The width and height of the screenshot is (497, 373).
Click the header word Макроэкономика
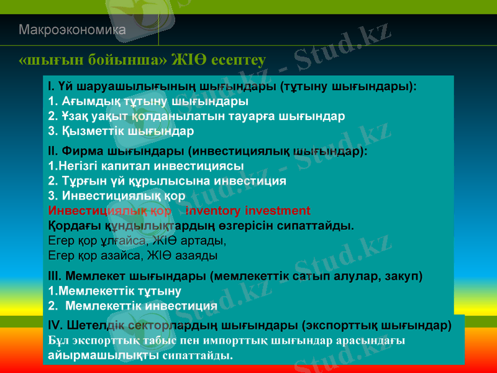[72, 30]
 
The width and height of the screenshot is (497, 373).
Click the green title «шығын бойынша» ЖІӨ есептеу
[142, 60]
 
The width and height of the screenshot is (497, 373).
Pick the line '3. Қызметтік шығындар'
[121, 132]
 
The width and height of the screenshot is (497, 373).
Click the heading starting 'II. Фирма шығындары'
[207, 150]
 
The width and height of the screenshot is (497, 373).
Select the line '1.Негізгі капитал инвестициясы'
[145, 166]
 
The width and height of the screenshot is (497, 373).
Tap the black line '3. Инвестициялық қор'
[112, 196]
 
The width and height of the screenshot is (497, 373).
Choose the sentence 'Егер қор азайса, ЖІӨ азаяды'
[132, 256]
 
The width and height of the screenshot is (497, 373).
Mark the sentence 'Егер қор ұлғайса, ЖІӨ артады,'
[137, 241]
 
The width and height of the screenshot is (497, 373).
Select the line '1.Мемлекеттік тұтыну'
[114, 291]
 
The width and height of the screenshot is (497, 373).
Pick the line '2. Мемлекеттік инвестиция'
[132, 306]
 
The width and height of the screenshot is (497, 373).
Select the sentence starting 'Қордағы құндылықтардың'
[201, 226]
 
